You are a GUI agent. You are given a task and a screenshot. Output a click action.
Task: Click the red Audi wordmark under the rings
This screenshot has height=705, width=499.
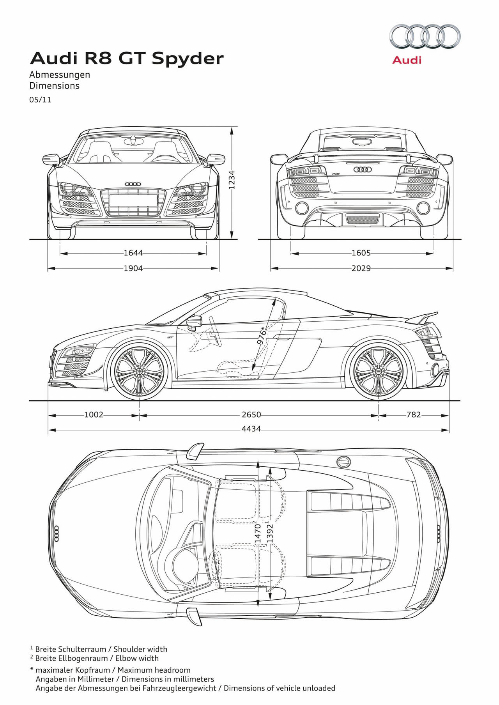(407, 60)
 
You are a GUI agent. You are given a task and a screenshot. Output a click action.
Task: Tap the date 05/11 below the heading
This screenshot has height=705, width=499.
(40, 99)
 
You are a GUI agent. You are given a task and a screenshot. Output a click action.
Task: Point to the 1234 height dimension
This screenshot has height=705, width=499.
(232, 180)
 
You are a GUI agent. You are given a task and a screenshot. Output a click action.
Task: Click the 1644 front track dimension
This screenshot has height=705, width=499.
(133, 253)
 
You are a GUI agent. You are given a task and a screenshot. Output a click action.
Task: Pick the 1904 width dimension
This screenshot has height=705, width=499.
(133, 268)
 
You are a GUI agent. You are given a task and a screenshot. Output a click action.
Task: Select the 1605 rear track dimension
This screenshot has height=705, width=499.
(361, 253)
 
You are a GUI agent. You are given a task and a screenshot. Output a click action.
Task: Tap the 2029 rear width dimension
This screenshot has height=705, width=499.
(361, 268)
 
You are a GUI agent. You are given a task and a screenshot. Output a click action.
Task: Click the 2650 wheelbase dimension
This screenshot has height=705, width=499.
(251, 414)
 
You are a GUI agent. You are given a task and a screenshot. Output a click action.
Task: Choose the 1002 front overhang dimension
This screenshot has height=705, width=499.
(94, 414)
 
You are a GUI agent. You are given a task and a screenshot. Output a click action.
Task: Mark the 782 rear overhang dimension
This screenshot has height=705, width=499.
(414, 414)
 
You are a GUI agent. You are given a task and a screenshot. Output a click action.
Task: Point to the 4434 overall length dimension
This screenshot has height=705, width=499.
(251, 429)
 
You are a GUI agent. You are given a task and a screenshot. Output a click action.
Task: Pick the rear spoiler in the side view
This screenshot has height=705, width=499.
(422, 317)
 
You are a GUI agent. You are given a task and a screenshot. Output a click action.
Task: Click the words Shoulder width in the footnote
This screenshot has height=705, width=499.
(140, 649)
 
